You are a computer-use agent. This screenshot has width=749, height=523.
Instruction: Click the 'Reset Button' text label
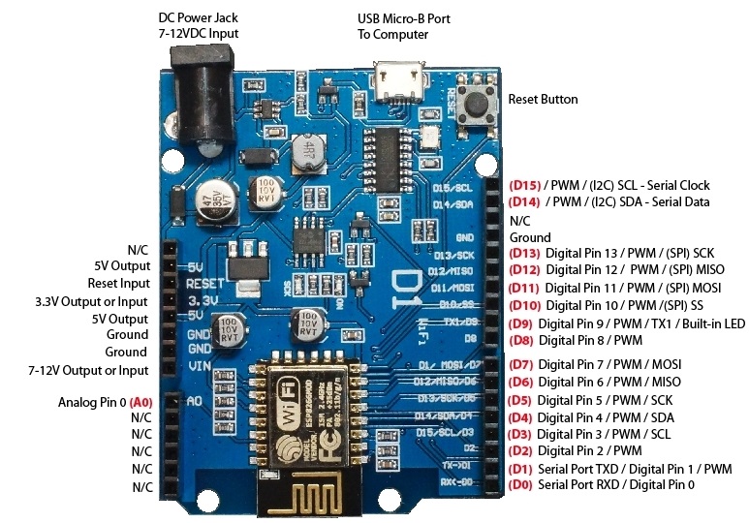(543, 100)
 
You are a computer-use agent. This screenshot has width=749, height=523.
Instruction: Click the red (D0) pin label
(520, 484)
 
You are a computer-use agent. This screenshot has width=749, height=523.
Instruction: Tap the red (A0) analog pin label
(141, 402)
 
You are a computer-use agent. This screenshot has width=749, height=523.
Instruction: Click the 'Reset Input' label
(118, 284)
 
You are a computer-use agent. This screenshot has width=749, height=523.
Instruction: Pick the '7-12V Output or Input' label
(88, 370)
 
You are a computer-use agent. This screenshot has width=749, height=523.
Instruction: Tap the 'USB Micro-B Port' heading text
(403, 19)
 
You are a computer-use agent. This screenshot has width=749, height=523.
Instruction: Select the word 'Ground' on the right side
(530, 237)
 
